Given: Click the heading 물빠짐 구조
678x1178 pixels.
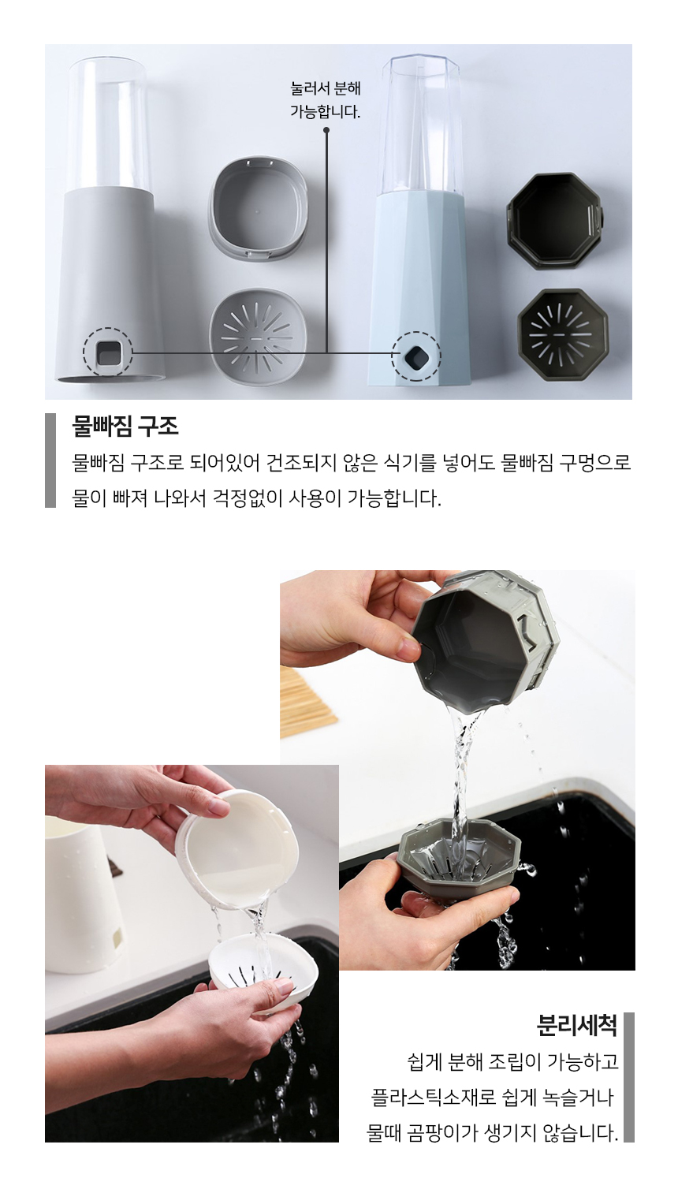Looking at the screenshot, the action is point(125,426).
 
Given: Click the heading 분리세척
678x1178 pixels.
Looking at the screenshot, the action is point(576,1025).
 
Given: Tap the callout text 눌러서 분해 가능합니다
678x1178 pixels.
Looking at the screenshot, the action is point(326,99).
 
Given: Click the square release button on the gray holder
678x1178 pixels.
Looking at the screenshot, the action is point(108,352).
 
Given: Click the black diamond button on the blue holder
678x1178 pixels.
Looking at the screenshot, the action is point(415,356).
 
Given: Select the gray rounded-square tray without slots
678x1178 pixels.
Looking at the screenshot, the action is point(257,209).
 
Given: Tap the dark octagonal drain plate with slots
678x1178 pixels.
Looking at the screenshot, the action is point(562,334).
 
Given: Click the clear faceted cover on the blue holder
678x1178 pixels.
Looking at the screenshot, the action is point(421,125).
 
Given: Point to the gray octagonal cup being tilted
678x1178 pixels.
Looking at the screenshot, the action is point(484,639).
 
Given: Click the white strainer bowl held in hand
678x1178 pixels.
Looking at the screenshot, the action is point(263,966).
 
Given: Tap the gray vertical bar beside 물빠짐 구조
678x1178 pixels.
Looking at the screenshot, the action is point(50,460).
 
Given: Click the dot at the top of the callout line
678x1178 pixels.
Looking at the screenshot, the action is point(326,129).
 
